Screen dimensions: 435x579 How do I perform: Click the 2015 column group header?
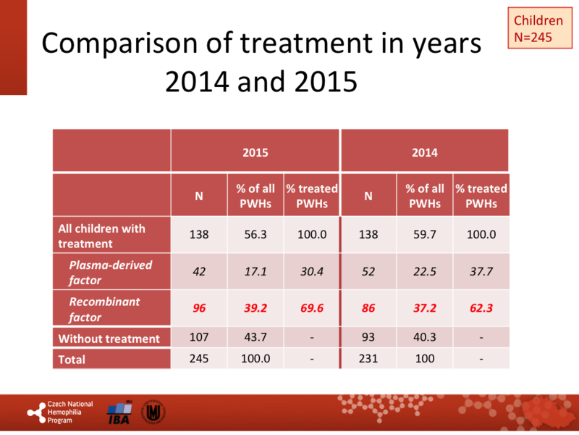point(255,153)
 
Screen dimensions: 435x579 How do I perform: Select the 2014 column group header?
point(424,153)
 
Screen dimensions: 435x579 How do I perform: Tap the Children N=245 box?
point(537,28)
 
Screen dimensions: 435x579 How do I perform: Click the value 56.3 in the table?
point(255,235)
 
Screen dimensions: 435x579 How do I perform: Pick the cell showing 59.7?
point(425,235)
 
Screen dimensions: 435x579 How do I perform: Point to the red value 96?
point(199,307)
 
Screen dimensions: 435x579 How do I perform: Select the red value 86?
point(368,307)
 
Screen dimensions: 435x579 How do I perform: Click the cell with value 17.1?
point(255,272)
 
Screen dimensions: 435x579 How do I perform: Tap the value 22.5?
point(425,272)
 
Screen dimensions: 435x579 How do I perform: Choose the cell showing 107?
point(199,338)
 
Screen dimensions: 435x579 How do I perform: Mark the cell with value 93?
point(368,338)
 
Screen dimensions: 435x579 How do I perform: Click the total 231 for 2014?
point(368,359)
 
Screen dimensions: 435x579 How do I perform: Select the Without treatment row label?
point(109,338)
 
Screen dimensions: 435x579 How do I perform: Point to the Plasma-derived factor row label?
point(111,272)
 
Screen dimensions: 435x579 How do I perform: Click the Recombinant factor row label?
point(105,308)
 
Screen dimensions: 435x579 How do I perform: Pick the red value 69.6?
point(311,307)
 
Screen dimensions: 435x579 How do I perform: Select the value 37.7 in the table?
point(481,272)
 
